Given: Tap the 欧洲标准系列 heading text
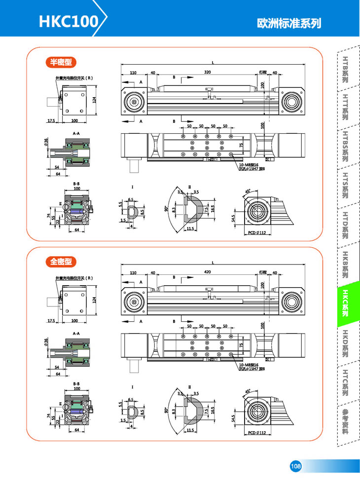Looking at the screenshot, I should [289, 23].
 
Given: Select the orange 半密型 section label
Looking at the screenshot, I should [59, 62].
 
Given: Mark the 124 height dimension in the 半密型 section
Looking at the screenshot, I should [94, 100].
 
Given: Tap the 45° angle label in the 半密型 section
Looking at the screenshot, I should [247, 191].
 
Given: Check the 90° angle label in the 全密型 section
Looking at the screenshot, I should [167, 409].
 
